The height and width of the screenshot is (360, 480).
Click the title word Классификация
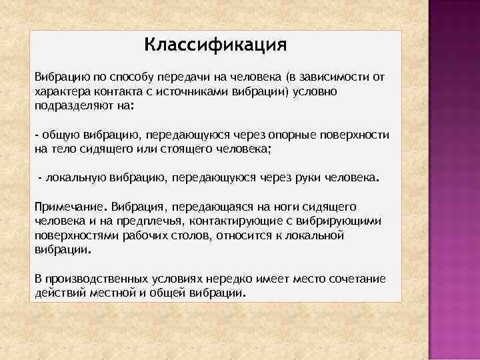click(215, 46)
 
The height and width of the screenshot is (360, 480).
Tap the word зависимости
click(327, 77)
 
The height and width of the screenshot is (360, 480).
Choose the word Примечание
click(71, 207)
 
